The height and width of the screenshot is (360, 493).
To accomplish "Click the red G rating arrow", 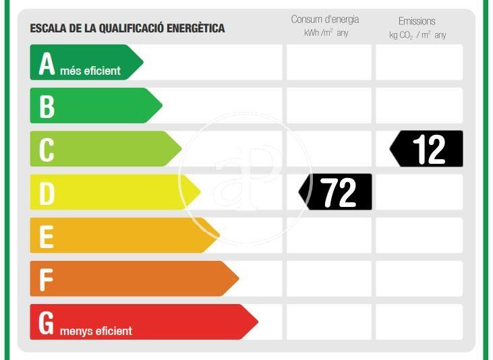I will point(142,322).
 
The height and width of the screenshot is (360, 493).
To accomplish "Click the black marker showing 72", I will point(337,192).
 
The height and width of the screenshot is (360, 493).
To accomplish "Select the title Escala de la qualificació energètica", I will point(127,28).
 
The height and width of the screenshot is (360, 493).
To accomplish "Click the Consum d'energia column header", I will point(325,20).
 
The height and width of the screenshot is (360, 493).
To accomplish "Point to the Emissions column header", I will point(417,21).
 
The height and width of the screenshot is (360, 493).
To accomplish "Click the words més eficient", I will point(90,70).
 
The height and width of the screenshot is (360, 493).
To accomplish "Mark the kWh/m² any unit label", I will point(326,33).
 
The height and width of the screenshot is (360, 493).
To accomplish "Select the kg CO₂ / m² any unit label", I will point(417,34).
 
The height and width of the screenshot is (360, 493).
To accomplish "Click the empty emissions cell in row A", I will point(419,63).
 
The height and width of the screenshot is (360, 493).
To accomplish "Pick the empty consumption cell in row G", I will point(329,322).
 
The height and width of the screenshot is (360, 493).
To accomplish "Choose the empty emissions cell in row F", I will point(419,278).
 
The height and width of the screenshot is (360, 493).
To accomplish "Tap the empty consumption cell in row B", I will point(329,106).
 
